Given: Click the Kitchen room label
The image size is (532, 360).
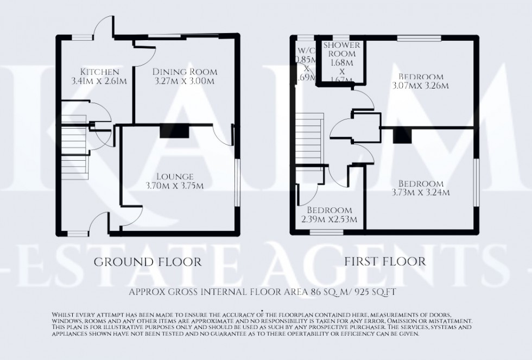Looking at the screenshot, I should pyautogui.click(x=99, y=72).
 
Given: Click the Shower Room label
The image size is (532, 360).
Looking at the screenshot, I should pyautogui.click(x=340, y=49).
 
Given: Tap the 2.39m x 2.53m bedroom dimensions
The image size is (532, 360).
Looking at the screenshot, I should pyautogui.click(x=329, y=219).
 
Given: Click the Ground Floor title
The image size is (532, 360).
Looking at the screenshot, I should pyautogui.click(x=148, y=262).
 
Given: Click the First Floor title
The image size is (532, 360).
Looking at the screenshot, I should pyautogui.click(x=385, y=262).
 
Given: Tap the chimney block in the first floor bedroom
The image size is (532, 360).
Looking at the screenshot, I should pyautogui.click(x=402, y=135).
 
